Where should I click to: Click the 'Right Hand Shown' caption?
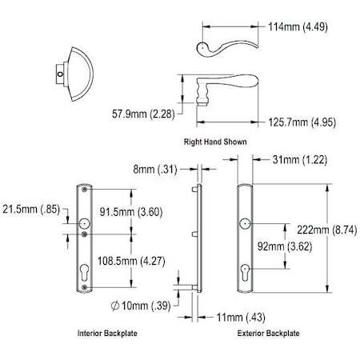coord(215,142)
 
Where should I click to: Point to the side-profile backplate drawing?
coord(198,240)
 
